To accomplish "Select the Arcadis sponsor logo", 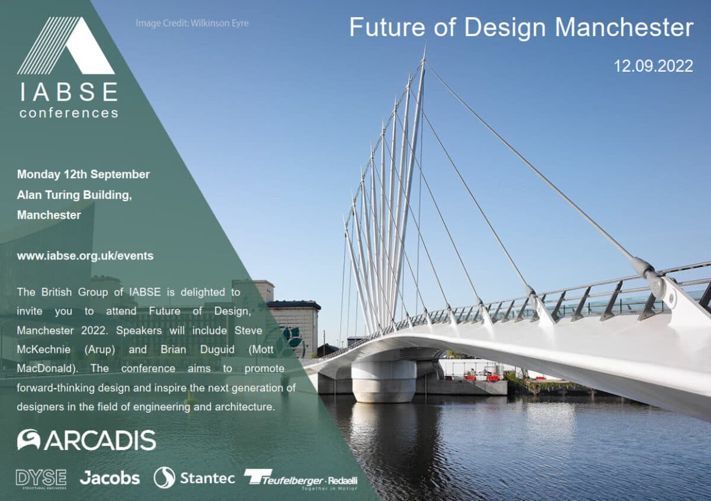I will [87, 440].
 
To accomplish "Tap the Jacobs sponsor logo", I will [110, 478].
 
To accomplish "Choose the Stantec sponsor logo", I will [194, 478].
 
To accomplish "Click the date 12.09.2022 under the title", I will [653, 66].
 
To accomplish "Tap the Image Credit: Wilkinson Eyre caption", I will [192, 24].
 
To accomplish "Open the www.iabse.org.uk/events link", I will [85, 256].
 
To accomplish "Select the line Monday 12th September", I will [84, 174].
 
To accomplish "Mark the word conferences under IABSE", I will [68, 113].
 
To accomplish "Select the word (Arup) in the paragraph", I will [100, 349].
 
